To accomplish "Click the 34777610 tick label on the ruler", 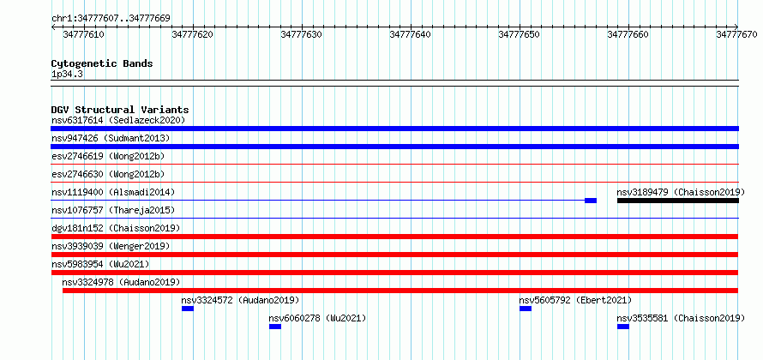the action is (84, 34).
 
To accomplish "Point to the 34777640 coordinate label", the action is (410, 34).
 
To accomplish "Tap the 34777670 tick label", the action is (736, 34).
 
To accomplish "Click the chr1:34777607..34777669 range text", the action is (111, 19).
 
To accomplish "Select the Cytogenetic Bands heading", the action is (102, 63).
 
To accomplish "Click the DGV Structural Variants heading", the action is (120, 110).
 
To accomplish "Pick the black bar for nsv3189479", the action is (678, 201).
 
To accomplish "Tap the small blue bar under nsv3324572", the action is (188, 309).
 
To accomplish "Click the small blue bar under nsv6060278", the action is (275, 327).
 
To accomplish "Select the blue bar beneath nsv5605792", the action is (526, 309).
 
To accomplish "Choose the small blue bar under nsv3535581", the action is (623, 327).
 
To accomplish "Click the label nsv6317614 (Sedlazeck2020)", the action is (118, 120).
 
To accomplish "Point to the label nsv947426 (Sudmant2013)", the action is (111, 138).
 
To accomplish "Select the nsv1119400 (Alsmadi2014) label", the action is (113, 192).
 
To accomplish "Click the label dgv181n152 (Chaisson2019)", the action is (116, 228).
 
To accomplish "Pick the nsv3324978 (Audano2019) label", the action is (121, 282).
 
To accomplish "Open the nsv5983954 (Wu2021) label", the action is (100, 264).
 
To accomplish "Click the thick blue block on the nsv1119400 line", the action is (591, 201).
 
